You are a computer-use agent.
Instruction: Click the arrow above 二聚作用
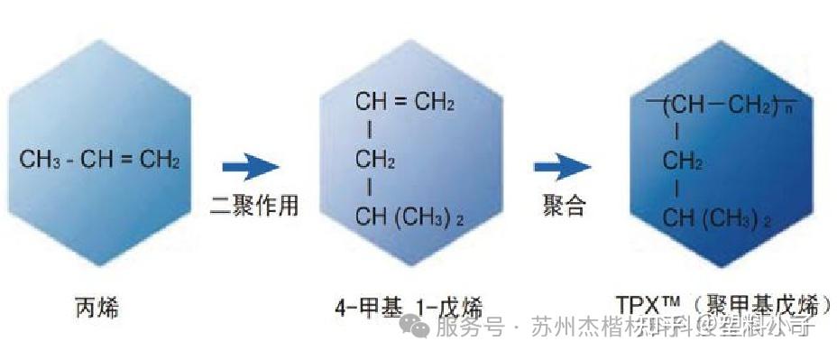tap(250, 167)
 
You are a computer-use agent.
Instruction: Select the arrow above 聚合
tap(561, 167)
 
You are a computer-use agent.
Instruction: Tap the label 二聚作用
tap(253, 206)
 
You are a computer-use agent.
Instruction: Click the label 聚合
tap(564, 206)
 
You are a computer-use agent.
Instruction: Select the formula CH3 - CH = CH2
tap(99, 162)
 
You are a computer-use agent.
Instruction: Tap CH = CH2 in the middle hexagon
tap(404, 102)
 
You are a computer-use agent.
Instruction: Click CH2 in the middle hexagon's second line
tap(375, 161)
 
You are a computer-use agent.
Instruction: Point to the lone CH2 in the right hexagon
tap(683, 162)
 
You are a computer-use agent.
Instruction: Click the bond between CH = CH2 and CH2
tap(369, 132)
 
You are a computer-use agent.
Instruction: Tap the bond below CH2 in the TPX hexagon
tap(676, 190)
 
